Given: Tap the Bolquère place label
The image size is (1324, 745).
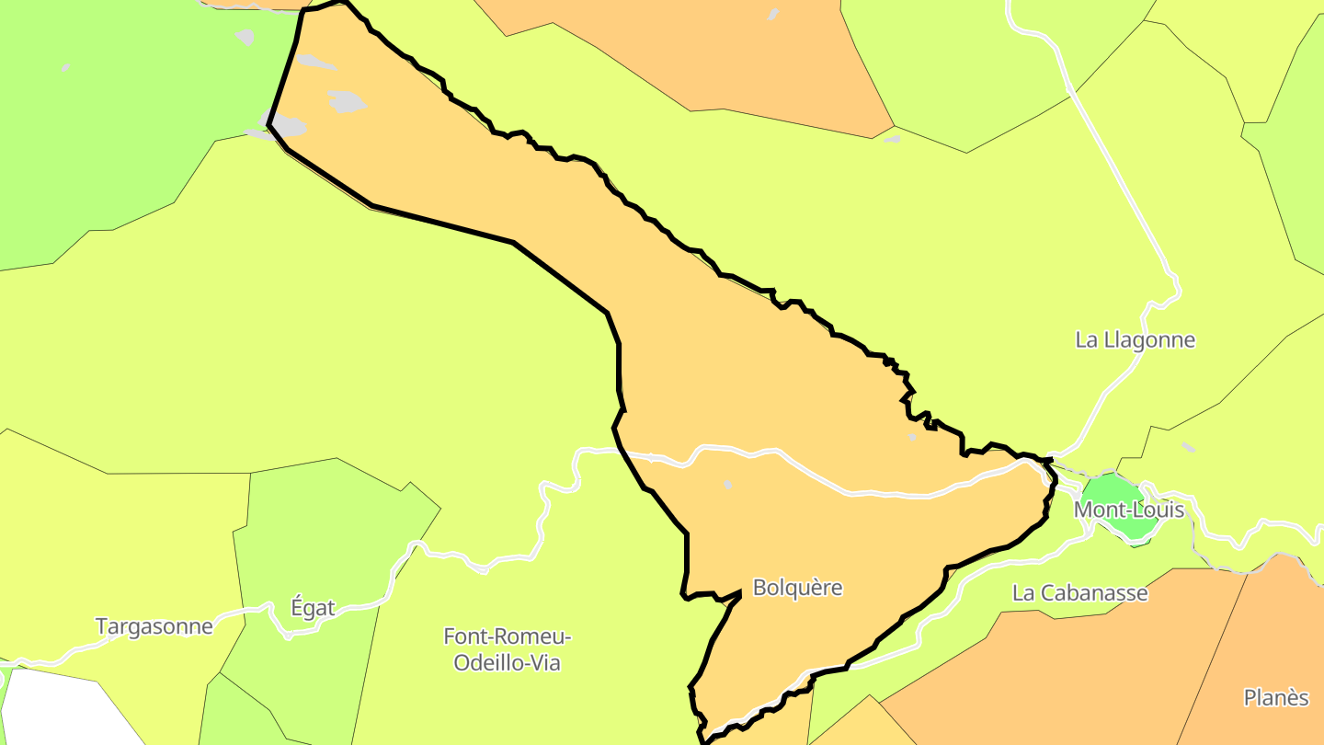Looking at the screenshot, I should tap(797, 588).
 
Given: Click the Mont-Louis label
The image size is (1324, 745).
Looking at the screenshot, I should tap(1129, 510).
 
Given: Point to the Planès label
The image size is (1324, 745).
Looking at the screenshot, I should tap(1276, 698).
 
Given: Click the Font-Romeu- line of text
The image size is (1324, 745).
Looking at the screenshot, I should tap(508, 636).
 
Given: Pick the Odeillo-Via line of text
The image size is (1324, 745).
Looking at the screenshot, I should tap(508, 662).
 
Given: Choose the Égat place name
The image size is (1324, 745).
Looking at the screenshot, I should tap(313, 608).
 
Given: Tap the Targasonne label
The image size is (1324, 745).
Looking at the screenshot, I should tap(154, 627).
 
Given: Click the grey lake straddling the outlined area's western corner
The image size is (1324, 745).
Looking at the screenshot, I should tap(285, 125).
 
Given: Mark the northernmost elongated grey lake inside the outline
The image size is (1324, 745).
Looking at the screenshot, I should tap(314, 62).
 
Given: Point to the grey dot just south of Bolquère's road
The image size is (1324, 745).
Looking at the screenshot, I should tap(728, 485).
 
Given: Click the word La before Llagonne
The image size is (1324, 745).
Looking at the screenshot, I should tap(1087, 340).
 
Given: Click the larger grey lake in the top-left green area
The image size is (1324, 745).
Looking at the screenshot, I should tap(245, 37).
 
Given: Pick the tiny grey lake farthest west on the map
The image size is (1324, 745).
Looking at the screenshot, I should tap(65, 67).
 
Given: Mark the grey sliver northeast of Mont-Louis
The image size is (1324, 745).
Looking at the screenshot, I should tap(1189, 448).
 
